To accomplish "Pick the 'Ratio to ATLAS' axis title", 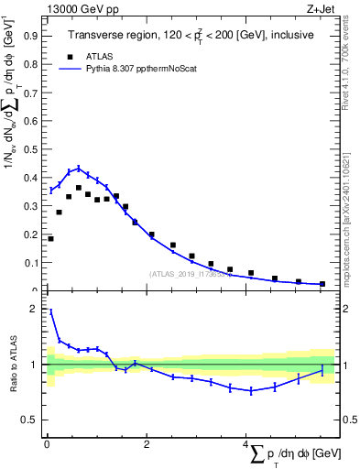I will click(x=12, y=365).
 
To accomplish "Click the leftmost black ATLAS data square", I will click(x=50, y=239).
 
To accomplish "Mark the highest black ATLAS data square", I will click(x=78, y=188).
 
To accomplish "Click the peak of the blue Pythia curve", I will click(x=78, y=169).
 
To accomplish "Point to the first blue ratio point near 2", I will click(x=50, y=311).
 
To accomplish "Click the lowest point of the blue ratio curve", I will click(x=251, y=391).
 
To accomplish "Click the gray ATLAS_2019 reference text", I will click(x=183, y=274).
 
